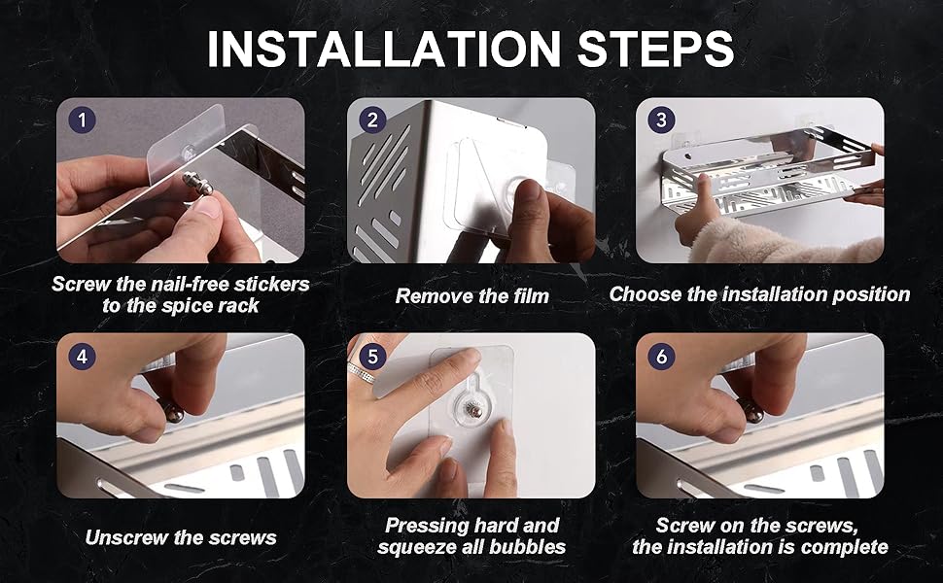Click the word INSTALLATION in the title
(384, 48)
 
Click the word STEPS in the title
(655, 48)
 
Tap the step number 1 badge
(83, 120)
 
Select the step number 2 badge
(373, 120)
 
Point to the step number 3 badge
(661, 120)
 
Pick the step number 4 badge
(83, 357)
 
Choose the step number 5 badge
(373, 357)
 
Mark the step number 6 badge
(661, 357)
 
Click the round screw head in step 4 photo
(173, 412)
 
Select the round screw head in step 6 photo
(751, 410)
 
